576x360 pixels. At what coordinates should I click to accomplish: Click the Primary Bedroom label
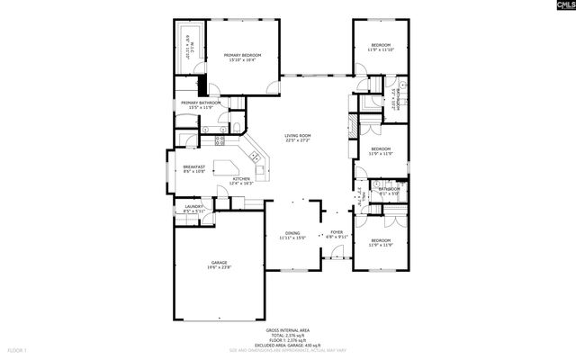click(244, 56)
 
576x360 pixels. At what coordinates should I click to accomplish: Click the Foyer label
click(337, 232)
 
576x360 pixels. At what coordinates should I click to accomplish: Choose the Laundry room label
click(193, 206)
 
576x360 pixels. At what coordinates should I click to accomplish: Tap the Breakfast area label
click(194, 166)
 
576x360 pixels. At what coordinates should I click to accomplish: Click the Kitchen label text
click(241, 179)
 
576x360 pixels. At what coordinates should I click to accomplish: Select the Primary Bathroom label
click(201, 103)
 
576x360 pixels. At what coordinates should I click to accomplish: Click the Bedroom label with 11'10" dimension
click(381, 45)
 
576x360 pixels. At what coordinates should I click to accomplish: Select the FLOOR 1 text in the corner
click(18, 349)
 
